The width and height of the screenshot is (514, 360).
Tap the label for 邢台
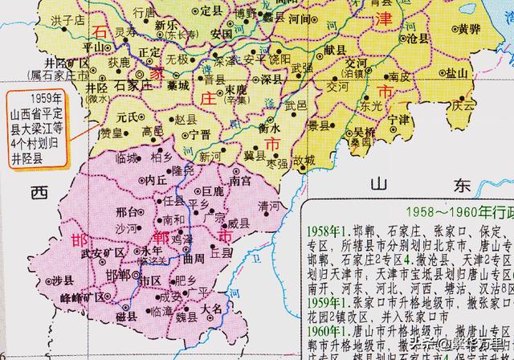click(x=128, y=215)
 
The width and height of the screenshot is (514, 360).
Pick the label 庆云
click(x=464, y=104)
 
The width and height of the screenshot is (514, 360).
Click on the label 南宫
click(x=240, y=182)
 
